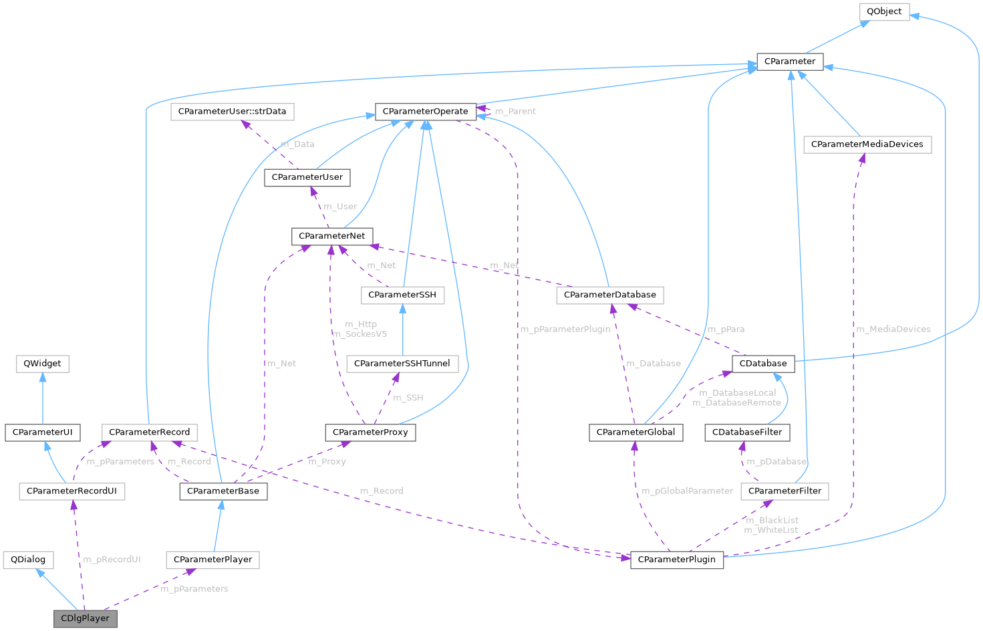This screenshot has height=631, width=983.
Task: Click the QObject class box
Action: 884,11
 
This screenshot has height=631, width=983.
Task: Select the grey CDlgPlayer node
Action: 85,618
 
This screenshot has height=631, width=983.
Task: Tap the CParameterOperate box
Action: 425,112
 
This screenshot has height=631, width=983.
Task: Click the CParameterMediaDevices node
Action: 867,144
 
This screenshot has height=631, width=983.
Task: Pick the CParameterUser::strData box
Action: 233,112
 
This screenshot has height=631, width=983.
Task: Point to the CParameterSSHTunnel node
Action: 402,364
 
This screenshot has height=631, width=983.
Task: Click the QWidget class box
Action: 42,364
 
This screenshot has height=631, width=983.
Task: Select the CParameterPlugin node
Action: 676,559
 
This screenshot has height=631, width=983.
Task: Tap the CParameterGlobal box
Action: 636,432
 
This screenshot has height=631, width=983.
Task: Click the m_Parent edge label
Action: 515,112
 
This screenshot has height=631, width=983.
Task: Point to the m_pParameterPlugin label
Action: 565,329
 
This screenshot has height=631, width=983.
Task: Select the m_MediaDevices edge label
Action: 893,329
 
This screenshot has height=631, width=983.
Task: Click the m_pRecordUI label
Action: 112,559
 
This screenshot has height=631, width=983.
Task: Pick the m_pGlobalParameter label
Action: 687,491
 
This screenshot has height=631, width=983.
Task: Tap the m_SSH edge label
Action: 408,398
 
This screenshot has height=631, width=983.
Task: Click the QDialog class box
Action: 28,559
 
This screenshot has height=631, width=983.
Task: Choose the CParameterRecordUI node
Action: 72,491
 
